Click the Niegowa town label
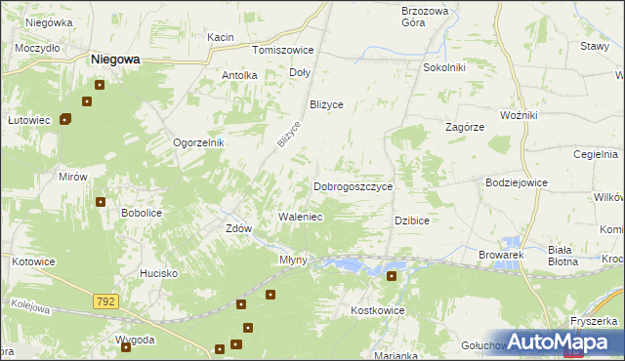pyautogui.click(x=115, y=59)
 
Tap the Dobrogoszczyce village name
pyautogui.click(x=353, y=186)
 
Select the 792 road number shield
pyautogui.click(x=106, y=302)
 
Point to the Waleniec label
pyautogui.click(x=301, y=217)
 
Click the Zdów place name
pyautogui.click(x=238, y=228)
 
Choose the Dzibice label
pyautogui.click(x=412, y=221)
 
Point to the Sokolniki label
pyautogui.click(x=443, y=68)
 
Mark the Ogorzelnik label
pyautogui.click(x=199, y=142)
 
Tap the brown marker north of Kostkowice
pyautogui.click(x=392, y=276)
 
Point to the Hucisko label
pyautogui.click(x=158, y=274)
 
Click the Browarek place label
pyautogui.click(x=502, y=255)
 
